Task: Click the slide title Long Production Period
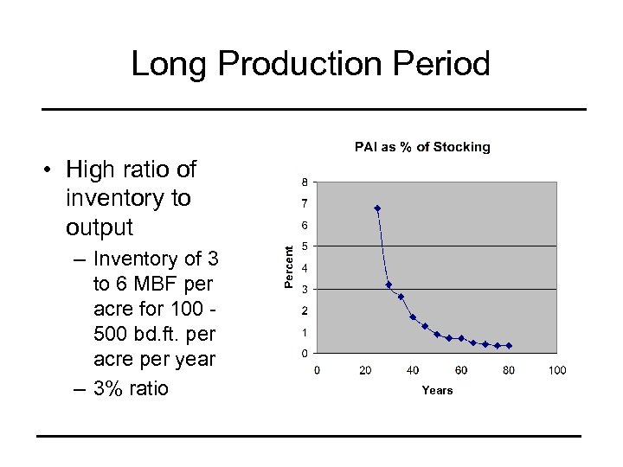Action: [311, 64]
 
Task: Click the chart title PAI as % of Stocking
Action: [422, 147]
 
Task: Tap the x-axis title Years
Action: [437, 390]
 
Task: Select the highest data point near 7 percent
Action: [377, 208]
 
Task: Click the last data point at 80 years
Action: [509, 345]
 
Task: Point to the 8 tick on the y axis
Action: [303, 182]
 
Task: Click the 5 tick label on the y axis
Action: [303, 246]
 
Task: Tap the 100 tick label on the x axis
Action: [557, 370]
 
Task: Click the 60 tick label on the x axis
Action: [461, 370]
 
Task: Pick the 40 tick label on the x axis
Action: [413, 370]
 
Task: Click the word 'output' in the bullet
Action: [100, 227]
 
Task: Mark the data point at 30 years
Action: [389, 285]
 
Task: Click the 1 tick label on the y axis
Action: [303, 332]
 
